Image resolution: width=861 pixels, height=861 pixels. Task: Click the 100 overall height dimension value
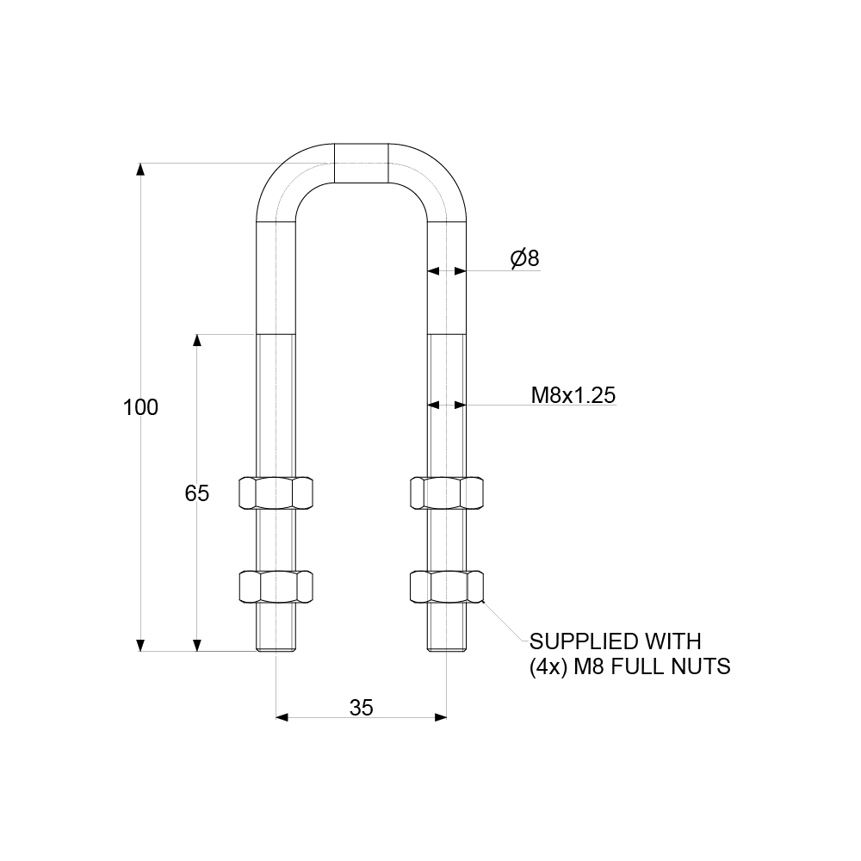point(141,407)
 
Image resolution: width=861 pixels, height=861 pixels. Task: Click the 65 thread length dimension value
point(197,493)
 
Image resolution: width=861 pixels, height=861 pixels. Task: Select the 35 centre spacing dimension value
point(362,707)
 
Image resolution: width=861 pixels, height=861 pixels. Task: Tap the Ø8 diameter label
point(524,258)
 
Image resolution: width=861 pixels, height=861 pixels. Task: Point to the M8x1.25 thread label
point(573,395)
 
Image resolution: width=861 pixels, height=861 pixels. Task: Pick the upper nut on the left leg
point(276,492)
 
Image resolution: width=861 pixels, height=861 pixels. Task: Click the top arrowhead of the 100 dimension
point(141,170)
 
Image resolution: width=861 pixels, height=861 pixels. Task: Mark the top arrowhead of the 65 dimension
point(197,341)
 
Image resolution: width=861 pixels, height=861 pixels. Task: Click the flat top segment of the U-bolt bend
point(362,164)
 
